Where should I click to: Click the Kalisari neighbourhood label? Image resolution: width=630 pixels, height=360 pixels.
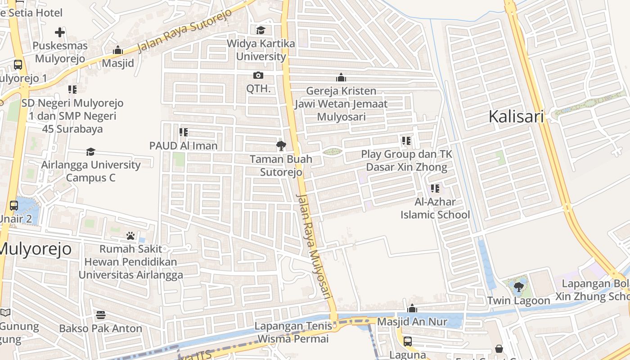coord(516,117)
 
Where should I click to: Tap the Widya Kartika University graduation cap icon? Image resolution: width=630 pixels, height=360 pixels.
coord(261,30)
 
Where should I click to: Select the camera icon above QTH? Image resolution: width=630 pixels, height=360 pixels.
coord(258,75)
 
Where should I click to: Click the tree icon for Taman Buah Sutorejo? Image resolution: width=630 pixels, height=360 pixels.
coord(281,145)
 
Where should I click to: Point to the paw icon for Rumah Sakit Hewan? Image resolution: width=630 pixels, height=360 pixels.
coord(130,235)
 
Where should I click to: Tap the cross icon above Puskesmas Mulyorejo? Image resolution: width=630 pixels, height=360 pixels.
coord(60,32)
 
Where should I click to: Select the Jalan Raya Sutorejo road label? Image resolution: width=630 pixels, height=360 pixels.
coord(184,31)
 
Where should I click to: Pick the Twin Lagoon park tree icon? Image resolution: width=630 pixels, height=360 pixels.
coord(518,287)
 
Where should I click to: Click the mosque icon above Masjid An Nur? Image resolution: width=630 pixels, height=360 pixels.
coord(412,308)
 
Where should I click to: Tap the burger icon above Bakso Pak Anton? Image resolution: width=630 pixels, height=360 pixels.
coord(101,315)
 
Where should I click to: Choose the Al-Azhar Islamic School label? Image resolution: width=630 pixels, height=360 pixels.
coord(435,208)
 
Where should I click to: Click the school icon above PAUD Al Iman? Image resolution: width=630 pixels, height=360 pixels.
coord(183,132)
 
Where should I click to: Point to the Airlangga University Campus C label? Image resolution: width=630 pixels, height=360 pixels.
coord(91,171)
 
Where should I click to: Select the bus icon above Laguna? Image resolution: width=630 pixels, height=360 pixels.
coord(408,341)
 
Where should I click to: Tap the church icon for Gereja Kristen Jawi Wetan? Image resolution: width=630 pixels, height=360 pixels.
coord(341,77)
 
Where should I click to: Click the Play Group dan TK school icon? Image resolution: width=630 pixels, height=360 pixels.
coord(406,141)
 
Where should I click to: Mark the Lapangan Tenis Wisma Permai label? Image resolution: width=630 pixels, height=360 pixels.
coord(293,332)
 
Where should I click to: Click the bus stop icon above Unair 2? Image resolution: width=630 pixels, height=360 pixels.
coord(14,206)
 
